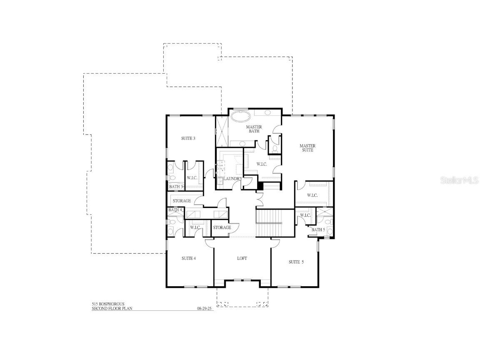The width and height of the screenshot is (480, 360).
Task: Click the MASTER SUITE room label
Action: point(307,148)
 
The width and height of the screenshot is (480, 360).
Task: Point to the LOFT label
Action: point(242,258)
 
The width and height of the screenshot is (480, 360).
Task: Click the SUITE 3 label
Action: point(188,138)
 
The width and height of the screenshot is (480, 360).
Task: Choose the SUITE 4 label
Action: point(189,258)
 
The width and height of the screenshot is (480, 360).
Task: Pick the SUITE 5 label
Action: point(296,262)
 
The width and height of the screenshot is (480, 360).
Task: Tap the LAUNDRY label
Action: point(232,179)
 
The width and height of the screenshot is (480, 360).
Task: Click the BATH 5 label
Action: point(318,230)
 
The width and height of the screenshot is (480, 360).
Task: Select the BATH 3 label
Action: point(176,187)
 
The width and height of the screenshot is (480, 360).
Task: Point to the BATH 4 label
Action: point(175,210)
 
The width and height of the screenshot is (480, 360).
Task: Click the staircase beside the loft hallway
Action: point(269,223)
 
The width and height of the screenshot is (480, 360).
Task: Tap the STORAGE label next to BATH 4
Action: point(182,201)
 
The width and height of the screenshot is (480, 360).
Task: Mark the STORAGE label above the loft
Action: point(222,227)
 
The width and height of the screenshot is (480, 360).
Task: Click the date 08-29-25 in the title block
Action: point(205,309)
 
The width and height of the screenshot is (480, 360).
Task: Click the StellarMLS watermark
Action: point(457,180)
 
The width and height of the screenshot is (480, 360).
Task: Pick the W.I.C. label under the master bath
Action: point(262,164)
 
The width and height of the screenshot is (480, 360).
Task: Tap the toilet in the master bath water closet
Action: point(275,147)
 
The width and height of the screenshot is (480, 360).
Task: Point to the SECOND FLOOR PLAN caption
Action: point(112,309)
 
